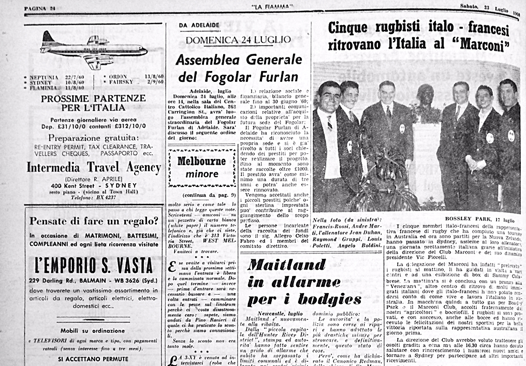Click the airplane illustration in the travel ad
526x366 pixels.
tap(93, 50)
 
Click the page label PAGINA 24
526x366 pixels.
tap(40, 6)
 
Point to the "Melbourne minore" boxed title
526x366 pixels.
tap(201, 167)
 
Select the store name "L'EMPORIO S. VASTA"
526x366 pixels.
tap(94, 266)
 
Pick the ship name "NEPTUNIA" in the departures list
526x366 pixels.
tap(44, 77)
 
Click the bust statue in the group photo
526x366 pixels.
tap(426, 97)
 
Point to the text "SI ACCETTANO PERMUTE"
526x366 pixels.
tap(93, 358)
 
